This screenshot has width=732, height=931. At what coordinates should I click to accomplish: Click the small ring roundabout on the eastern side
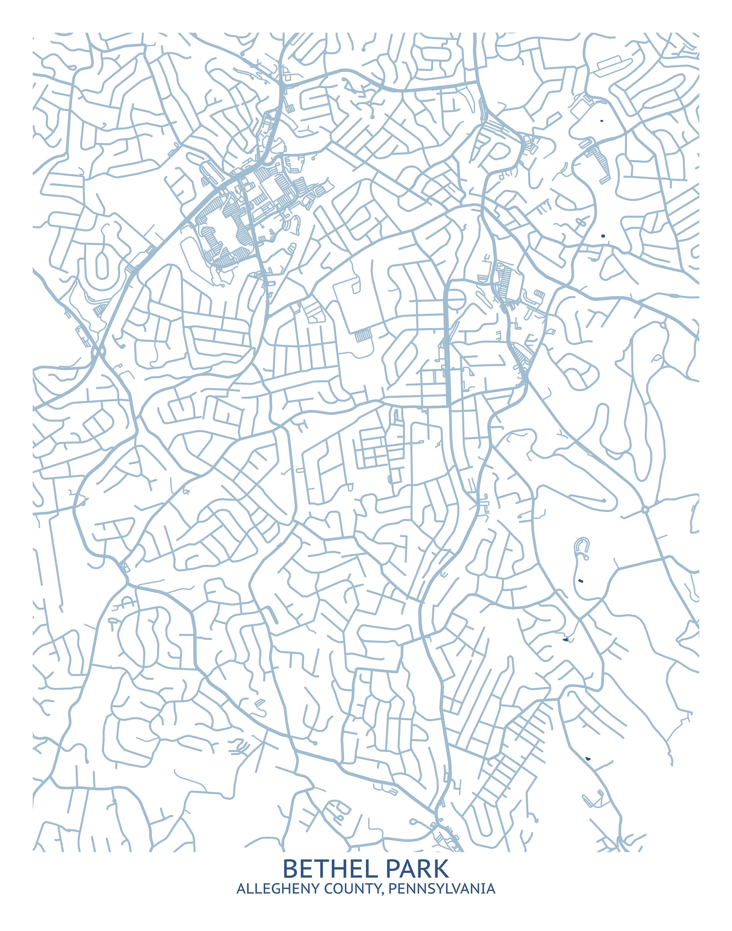coord(645,509)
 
